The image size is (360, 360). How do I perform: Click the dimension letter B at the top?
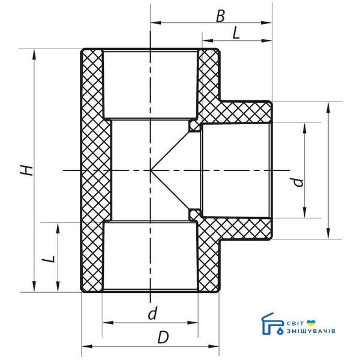coord(220,16)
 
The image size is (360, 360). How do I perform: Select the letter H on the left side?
coord(27,170)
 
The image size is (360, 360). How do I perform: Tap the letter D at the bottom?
coord(163,337)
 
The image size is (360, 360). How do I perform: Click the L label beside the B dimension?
coord(236,33)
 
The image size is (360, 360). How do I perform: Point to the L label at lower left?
coord(50,259)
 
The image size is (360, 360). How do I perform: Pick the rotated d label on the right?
coord(298,182)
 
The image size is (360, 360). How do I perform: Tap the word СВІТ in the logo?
coord(296,323)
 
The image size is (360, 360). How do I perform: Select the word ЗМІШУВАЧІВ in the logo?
coord(311,331)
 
